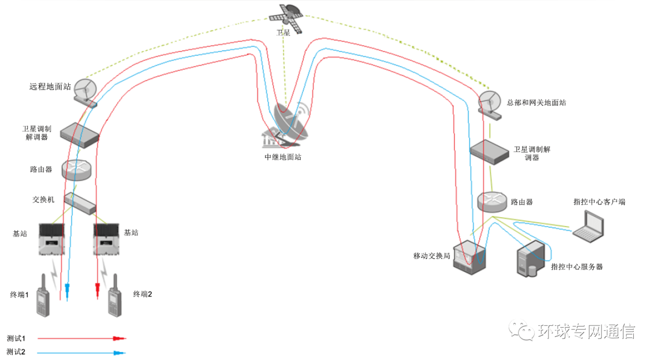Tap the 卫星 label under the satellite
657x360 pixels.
click(283, 33)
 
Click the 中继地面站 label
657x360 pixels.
click(282, 157)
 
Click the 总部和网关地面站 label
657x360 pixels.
click(536, 103)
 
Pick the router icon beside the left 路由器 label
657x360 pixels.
click(76, 169)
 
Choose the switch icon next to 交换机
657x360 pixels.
click(80, 202)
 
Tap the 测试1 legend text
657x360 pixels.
click(15, 338)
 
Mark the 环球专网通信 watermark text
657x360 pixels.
click(586, 331)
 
